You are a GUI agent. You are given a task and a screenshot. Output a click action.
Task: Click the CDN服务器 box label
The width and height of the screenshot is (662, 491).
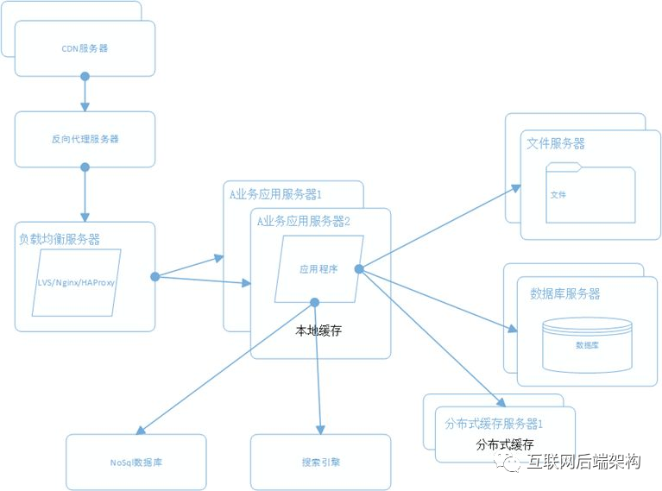point(85,48)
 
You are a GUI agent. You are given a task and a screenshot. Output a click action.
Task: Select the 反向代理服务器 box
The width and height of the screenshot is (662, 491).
point(85,139)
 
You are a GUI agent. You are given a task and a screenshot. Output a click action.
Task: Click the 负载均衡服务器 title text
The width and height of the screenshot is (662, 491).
point(60,239)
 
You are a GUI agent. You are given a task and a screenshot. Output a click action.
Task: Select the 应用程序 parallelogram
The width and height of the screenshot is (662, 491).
point(318,269)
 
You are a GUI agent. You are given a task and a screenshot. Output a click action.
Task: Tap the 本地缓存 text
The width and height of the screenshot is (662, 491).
point(318,330)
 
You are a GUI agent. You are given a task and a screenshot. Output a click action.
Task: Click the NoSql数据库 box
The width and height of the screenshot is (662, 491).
point(136,463)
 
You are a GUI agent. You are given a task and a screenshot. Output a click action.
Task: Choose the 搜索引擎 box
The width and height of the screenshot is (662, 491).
point(320,463)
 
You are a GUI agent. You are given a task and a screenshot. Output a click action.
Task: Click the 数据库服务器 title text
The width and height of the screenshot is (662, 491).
point(564,293)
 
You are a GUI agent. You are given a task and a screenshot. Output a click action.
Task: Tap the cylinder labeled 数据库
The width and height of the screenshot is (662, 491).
point(587,343)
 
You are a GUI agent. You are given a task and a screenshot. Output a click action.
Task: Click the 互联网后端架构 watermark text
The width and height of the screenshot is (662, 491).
point(583,462)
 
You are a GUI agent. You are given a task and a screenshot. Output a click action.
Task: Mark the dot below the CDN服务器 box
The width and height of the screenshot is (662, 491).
point(85,77)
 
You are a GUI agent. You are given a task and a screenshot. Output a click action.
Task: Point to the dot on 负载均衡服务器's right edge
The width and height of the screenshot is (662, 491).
point(155,276)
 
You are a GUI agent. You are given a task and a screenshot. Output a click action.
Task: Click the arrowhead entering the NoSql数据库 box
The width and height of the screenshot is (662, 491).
point(140,431)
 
